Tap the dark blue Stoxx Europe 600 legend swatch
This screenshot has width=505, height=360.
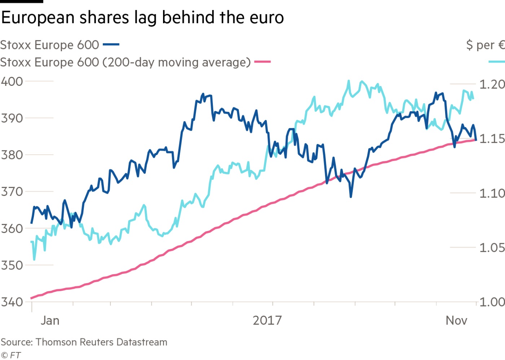point(111,45)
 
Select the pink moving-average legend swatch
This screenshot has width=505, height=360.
point(262,62)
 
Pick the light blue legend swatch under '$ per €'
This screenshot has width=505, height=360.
point(496,62)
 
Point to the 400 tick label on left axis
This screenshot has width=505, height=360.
point(12,81)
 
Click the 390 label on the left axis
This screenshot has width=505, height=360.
point(12,118)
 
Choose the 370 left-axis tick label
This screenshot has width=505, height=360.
point(12,192)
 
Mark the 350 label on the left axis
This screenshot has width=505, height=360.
point(12,265)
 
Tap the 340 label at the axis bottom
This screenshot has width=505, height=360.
point(12,302)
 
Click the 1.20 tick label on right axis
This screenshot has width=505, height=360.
point(492,84)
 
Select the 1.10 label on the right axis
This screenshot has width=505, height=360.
point(492,193)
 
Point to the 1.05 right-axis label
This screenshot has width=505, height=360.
point(492,247)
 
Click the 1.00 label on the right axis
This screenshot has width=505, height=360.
point(492,302)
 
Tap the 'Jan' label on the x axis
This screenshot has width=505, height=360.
point(50,320)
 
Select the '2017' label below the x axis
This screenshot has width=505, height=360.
point(267,320)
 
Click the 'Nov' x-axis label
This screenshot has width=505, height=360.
point(457,320)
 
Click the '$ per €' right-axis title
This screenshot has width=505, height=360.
point(485,45)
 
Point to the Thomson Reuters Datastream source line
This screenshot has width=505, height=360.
point(84,342)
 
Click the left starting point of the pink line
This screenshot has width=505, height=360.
point(31,298)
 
